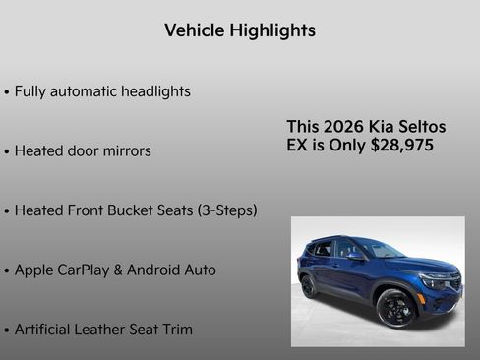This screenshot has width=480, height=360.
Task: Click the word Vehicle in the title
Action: click(x=194, y=30)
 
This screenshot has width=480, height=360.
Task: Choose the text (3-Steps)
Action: click(x=227, y=210)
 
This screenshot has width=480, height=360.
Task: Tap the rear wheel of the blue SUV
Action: click(x=309, y=287)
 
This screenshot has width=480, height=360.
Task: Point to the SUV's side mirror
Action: click(x=353, y=254)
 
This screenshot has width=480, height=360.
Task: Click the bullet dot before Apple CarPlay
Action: click(x=7, y=270)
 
